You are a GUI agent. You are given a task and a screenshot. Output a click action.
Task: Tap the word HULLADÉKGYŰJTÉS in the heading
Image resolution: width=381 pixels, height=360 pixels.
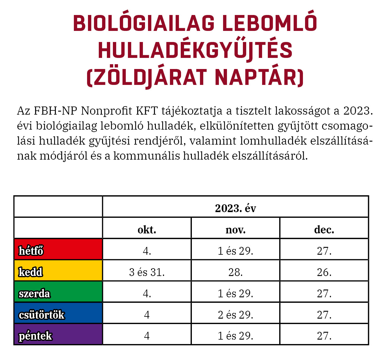point(195,50)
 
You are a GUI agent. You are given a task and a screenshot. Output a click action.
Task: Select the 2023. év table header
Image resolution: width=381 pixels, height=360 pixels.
point(235,208)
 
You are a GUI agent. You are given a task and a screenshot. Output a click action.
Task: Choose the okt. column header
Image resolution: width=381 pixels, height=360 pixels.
point(147,230)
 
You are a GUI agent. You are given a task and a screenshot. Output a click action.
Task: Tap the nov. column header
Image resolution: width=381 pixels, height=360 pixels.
point(235,230)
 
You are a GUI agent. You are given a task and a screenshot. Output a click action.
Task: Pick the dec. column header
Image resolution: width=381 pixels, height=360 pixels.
point(324,230)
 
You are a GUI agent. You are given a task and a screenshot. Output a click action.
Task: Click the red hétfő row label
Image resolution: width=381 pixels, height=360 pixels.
point(31,251)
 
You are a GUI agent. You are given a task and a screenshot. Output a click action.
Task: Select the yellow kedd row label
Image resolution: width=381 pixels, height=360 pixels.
point(30,272)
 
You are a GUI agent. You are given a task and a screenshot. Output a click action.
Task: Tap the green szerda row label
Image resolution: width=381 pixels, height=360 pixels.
point(34,293)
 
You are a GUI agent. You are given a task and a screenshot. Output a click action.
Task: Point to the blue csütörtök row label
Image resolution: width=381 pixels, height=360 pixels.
point(41,315)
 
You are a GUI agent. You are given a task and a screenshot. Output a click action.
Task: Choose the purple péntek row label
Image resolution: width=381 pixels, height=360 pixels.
point(35,336)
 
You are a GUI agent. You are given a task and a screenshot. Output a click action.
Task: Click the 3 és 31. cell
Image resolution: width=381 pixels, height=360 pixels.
point(147,272)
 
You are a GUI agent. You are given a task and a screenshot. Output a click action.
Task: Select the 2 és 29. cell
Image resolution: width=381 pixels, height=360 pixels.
point(235,315)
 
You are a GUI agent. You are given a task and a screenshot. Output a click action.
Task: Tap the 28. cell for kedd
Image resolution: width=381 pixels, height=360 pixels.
point(235,272)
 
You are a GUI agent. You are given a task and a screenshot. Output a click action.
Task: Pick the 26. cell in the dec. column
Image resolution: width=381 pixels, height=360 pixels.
point(324,272)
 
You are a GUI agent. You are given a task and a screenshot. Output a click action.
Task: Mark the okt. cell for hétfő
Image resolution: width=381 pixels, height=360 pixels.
point(147,251)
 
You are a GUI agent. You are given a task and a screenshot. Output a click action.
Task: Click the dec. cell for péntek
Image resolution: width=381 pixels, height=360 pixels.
point(324,336)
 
